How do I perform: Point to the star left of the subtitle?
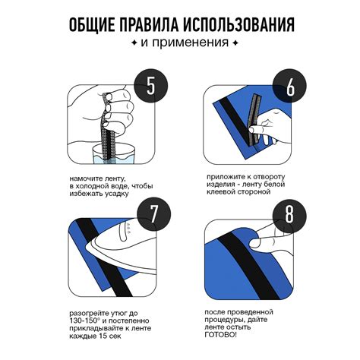coord(134,43)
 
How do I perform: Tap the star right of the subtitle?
coord(235,43)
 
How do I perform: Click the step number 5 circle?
coord(151,86)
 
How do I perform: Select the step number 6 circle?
coord(289,86)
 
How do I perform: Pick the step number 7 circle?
coord(154,214)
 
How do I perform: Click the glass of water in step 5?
coord(113,154)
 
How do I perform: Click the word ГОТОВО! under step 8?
coord(221,335)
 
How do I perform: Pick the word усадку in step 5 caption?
coord(116,194)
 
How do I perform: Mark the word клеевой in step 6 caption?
coord(220,191)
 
